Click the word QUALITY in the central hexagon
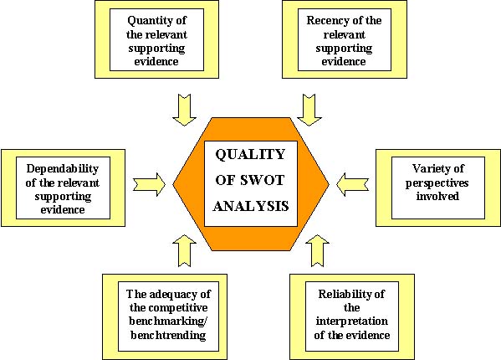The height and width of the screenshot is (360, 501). tap(250, 155)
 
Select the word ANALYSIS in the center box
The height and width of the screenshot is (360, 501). tap(251, 206)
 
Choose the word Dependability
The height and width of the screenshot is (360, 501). tap(62, 169)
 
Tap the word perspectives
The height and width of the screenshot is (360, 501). tap(437, 183)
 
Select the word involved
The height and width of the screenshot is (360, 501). tap(437, 196)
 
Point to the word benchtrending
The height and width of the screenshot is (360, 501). tap(168, 335)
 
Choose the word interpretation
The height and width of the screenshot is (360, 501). tap(352, 321)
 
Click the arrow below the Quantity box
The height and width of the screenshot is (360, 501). tap(184, 110)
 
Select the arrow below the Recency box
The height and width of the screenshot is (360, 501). tap(309, 110)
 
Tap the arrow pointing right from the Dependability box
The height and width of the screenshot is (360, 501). tap(150, 184)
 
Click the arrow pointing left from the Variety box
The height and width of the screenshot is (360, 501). tap(353, 184)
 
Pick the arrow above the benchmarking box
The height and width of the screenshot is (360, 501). tap(184, 250)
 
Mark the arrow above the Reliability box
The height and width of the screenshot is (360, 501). tap(317, 250)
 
